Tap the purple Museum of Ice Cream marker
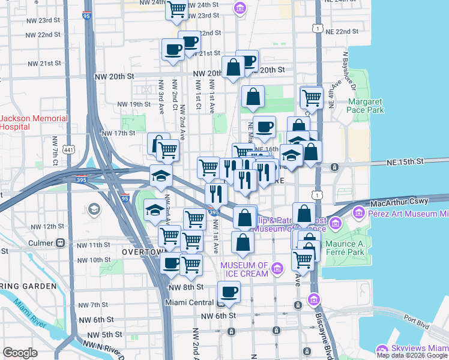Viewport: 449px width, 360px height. (277, 267)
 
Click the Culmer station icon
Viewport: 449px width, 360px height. (60, 244)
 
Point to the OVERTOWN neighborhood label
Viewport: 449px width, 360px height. (142, 253)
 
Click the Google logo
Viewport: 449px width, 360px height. (20, 353)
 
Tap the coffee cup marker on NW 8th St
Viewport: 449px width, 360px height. (229, 293)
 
